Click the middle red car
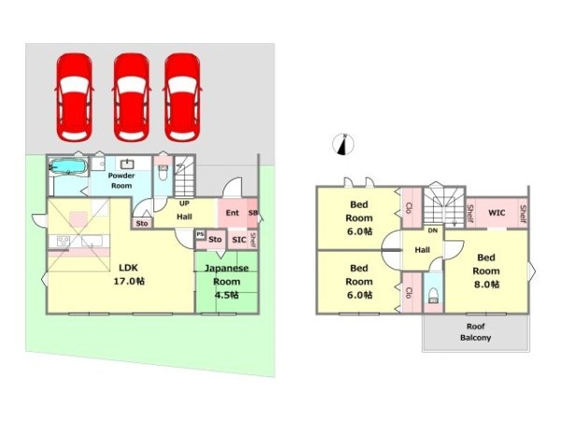pos(131,97)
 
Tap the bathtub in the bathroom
pos(67,167)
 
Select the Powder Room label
pos(122,181)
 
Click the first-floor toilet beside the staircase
pos(163,173)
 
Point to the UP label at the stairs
pos(184,203)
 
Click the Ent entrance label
pos(232,212)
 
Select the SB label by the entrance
pos(253,212)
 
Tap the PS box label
pos(200,235)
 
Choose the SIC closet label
pos(238,240)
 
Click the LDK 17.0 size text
pos(129,282)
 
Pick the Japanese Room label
pos(226,275)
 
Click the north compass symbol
pos(343,144)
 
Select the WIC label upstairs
pos(496,212)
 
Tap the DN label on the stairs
pos(433,230)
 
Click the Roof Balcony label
pos(476,332)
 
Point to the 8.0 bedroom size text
pos(486,284)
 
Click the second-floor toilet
pos(433,295)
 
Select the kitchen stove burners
pos(63,240)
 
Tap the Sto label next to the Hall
pos(142,224)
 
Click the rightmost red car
pos(182,97)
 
